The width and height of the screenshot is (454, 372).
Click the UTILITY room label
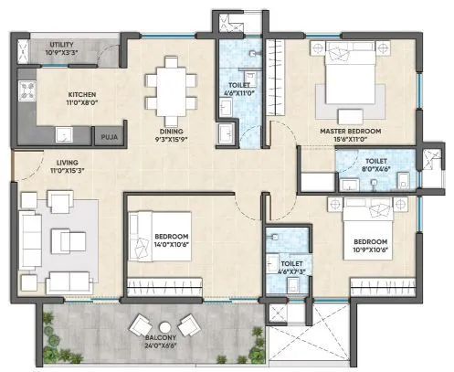[x=41, y=43]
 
